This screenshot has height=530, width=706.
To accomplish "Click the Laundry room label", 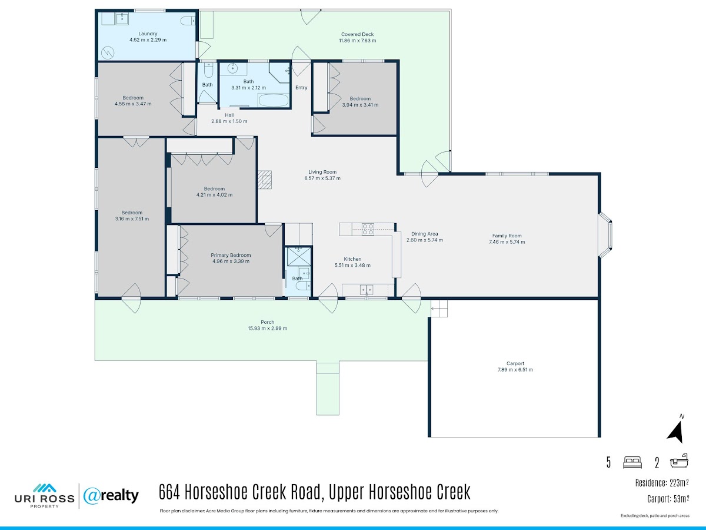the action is pyautogui.click(x=148, y=34).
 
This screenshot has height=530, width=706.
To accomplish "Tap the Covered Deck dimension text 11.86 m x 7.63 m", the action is pyautogui.click(x=357, y=41).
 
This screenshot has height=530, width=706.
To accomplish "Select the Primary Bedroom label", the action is pyautogui.click(x=231, y=255).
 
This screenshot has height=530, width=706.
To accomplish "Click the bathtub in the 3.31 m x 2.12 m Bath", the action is pyautogui.click(x=274, y=100).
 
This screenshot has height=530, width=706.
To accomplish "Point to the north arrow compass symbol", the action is pyautogui.click(x=676, y=431).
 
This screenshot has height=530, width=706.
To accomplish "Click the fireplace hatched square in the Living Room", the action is pyautogui.click(x=264, y=179).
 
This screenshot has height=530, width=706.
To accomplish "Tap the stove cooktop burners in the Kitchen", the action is pyautogui.click(x=368, y=229).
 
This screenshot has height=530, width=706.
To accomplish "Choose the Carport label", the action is pyautogui.click(x=515, y=363).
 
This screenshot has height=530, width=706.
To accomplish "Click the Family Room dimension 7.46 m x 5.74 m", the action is pyautogui.click(x=507, y=242).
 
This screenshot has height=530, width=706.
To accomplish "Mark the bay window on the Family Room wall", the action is pyautogui.click(x=605, y=234).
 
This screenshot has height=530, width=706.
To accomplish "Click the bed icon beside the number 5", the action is pyautogui.click(x=632, y=462).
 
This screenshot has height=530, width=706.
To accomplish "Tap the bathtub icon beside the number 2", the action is pyautogui.click(x=680, y=461).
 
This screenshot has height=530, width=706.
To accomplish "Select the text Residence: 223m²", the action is pyautogui.click(x=662, y=483).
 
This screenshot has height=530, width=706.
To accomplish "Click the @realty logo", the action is pyautogui.click(x=111, y=496).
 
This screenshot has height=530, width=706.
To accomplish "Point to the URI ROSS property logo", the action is pyautogui.click(x=44, y=496).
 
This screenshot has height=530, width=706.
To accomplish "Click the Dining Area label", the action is pyautogui.click(x=425, y=234).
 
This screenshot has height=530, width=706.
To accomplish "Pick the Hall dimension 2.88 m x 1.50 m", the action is pyautogui.click(x=229, y=121).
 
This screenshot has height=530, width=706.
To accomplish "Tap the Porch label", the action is pyautogui.click(x=267, y=322).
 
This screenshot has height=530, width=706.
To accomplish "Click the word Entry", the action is pyautogui.click(x=301, y=88).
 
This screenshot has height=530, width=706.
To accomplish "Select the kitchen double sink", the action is pyautogui.click(x=367, y=290).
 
